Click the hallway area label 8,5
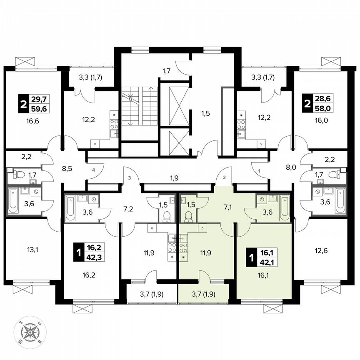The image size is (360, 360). click(67, 169)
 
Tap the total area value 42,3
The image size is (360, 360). click(94, 257)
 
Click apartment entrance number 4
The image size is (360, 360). click(94, 170)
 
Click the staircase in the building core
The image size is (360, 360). click(140, 106)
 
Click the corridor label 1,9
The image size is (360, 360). click(175, 178)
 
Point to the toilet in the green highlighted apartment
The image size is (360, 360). click(188, 215)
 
